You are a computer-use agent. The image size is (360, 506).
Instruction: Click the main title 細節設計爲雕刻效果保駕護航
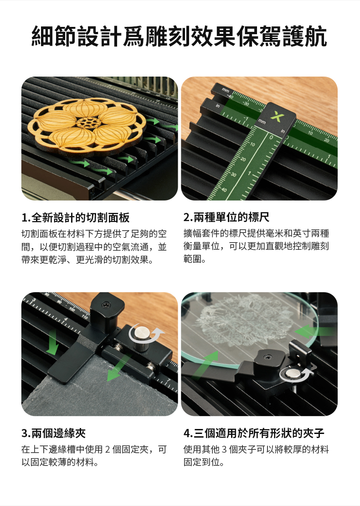pyautogui.click(x=180, y=36)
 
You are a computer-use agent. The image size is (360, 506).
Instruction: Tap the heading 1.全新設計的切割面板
pyautogui.click(x=76, y=217)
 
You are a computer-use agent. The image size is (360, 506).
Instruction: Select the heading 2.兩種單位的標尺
pyautogui.click(x=226, y=217)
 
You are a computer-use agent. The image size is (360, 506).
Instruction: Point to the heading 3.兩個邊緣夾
pyautogui.click(x=54, y=433)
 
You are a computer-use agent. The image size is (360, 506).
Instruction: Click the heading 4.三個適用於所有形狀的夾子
pyautogui.click(x=253, y=433)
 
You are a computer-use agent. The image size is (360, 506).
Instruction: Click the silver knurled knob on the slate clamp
pyautogui.click(x=141, y=337)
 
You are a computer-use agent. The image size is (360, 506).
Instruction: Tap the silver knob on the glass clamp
pyautogui.click(x=293, y=374)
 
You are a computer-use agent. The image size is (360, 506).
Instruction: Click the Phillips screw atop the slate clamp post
pyautogui.click(x=106, y=305)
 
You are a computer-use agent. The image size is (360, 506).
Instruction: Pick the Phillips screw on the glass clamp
pyautogui.click(x=267, y=357)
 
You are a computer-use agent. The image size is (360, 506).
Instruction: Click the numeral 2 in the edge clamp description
pyautogui.click(x=108, y=449)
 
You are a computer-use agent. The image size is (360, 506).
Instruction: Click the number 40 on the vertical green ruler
pyautogui.click(x=224, y=190)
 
